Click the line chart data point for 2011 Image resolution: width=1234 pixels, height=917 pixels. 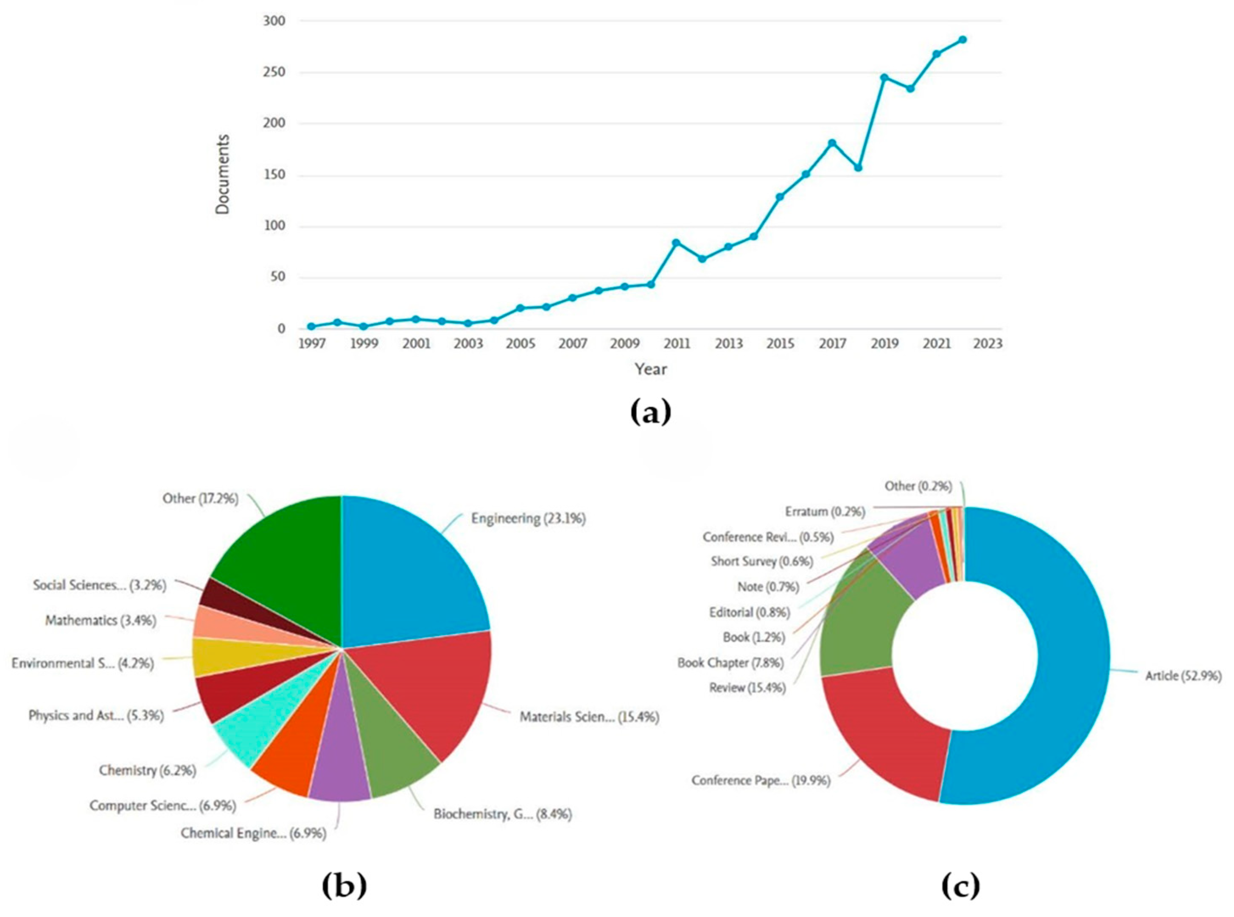[676, 242]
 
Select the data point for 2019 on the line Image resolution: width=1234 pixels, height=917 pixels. [884, 78]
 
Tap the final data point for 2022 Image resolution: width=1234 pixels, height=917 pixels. [963, 39]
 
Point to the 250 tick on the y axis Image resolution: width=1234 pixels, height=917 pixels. [274, 72]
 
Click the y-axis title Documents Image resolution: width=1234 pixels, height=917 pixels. [223, 174]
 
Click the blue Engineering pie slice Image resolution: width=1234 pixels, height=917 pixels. [411, 572]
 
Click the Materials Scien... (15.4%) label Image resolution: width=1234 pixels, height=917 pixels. [589, 717]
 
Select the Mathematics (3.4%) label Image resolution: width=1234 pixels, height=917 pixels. [101, 620]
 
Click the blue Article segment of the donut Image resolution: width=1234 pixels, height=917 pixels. [1055, 666]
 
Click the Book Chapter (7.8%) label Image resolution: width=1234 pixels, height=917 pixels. [730, 662]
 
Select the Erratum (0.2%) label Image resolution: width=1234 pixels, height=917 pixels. [825, 511]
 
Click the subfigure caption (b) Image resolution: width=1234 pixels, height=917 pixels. [344, 886]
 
